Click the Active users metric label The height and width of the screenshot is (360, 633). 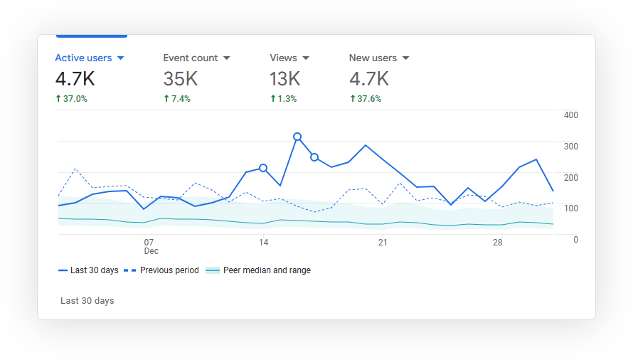tap(84, 58)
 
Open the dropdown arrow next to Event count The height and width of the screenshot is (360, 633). tap(227, 58)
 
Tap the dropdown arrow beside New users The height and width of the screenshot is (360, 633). tap(406, 58)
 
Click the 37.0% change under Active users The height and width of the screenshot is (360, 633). tap(71, 99)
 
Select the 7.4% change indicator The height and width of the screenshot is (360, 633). tap(177, 99)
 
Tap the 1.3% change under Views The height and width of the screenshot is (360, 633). tap(283, 99)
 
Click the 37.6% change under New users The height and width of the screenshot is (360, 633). tap(366, 99)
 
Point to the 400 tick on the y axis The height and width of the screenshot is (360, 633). tap(570, 115)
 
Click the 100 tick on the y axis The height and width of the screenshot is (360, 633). tap(570, 208)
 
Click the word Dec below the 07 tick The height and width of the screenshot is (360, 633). tap(151, 252)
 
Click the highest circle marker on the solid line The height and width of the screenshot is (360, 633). tap(297, 137)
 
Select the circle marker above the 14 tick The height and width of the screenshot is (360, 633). tap(263, 168)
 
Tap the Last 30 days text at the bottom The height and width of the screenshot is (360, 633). tap(87, 301)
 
